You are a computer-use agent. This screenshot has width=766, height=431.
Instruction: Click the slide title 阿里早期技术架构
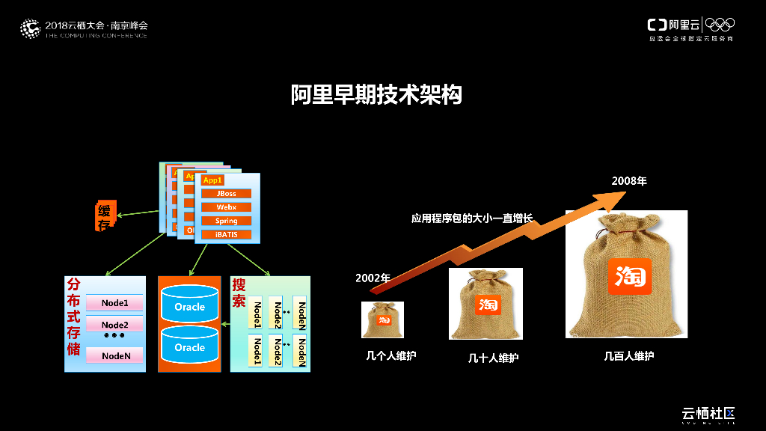click(376, 95)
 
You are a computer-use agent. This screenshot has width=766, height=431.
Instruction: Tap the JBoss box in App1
click(226, 194)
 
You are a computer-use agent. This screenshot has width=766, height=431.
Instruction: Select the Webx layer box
click(226, 207)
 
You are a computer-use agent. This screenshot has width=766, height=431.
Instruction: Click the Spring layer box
click(226, 221)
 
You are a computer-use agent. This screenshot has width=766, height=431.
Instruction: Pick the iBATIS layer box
click(226, 234)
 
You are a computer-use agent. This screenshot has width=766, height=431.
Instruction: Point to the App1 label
click(212, 180)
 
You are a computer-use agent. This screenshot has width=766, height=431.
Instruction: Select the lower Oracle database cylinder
click(190, 346)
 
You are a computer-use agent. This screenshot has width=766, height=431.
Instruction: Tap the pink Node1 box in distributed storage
click(114, 303)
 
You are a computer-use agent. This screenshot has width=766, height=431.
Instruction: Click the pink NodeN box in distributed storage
click(114, 356)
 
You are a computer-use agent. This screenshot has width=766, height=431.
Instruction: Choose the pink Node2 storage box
click(114, 325)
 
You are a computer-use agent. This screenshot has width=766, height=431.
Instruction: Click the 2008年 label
click(628, 181)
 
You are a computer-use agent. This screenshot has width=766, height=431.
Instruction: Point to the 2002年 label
click(373, 278)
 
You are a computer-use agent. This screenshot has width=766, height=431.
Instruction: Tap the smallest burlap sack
click(382, 320)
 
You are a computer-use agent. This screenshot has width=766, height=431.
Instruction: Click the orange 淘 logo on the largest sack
click(630, 276)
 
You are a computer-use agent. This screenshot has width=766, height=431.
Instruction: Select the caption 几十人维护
click(493, 358)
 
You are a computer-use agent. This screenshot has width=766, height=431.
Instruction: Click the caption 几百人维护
click(628, 356)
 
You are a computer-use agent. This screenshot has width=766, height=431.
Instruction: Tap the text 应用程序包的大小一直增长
click(471, 218)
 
